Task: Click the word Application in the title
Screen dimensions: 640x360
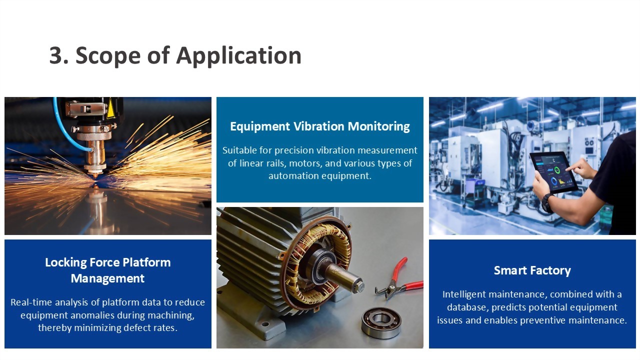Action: [x=239, y=56]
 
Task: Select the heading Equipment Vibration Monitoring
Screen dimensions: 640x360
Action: [x=319, y=126]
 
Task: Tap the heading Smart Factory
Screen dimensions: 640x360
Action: [x=532, y=270]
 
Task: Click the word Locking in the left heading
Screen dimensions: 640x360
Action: [x=65, y=263]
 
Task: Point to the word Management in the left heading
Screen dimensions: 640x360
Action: [x=107, y=278]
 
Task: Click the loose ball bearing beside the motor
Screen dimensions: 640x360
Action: [x=381, y=322]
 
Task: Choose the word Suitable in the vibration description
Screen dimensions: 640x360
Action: [x=239, y=150]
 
